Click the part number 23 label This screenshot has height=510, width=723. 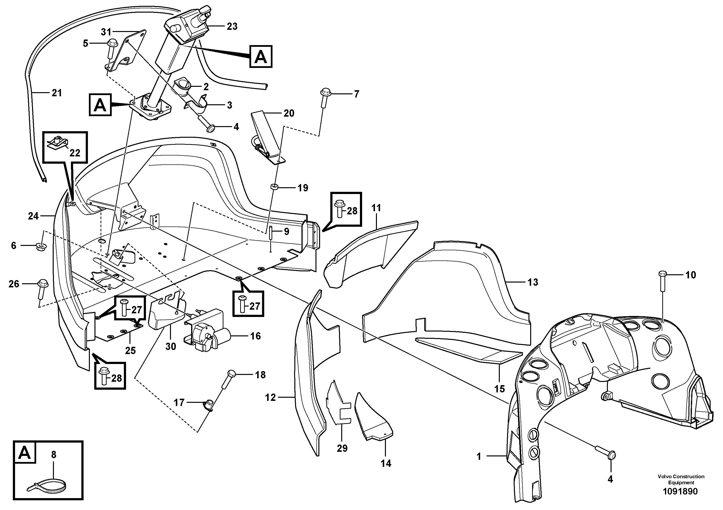pos(232,26)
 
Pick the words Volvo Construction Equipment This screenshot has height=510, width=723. pos(681,479)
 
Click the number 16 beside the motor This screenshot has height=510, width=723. pos(255,336)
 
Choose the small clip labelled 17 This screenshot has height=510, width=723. pos(209,405)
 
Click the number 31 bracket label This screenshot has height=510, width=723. pos(106,32)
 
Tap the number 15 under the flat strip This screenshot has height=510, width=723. pos(499,389)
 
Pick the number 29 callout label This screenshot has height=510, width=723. pos(342,448)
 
